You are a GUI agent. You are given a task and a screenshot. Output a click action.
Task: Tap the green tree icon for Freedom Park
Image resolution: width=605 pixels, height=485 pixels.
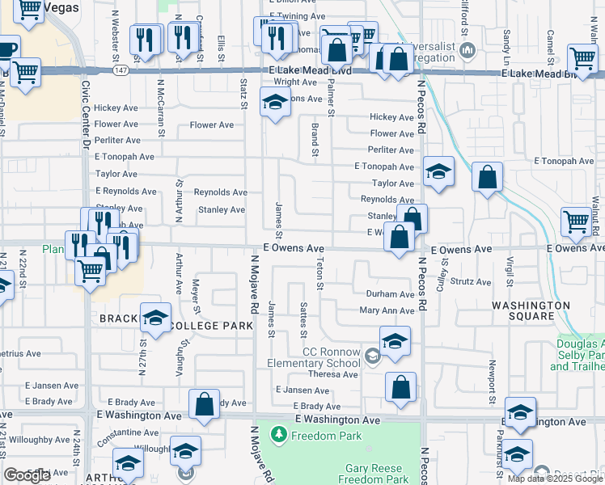coord(279,436)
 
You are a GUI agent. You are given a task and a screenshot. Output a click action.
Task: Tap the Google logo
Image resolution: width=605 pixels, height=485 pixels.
coord(27,475)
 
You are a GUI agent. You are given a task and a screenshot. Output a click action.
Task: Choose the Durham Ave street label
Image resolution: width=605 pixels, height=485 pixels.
coord(390,295)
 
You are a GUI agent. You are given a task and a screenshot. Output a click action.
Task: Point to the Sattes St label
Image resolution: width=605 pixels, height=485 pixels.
coord(303,321)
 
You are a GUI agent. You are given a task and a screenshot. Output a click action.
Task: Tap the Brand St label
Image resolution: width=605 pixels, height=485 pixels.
coord(313,139)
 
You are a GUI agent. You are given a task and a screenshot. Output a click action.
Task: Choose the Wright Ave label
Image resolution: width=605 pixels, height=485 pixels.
coord(294,82)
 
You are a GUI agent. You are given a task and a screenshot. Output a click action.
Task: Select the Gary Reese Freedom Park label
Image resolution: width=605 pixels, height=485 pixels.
coord(378,474)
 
